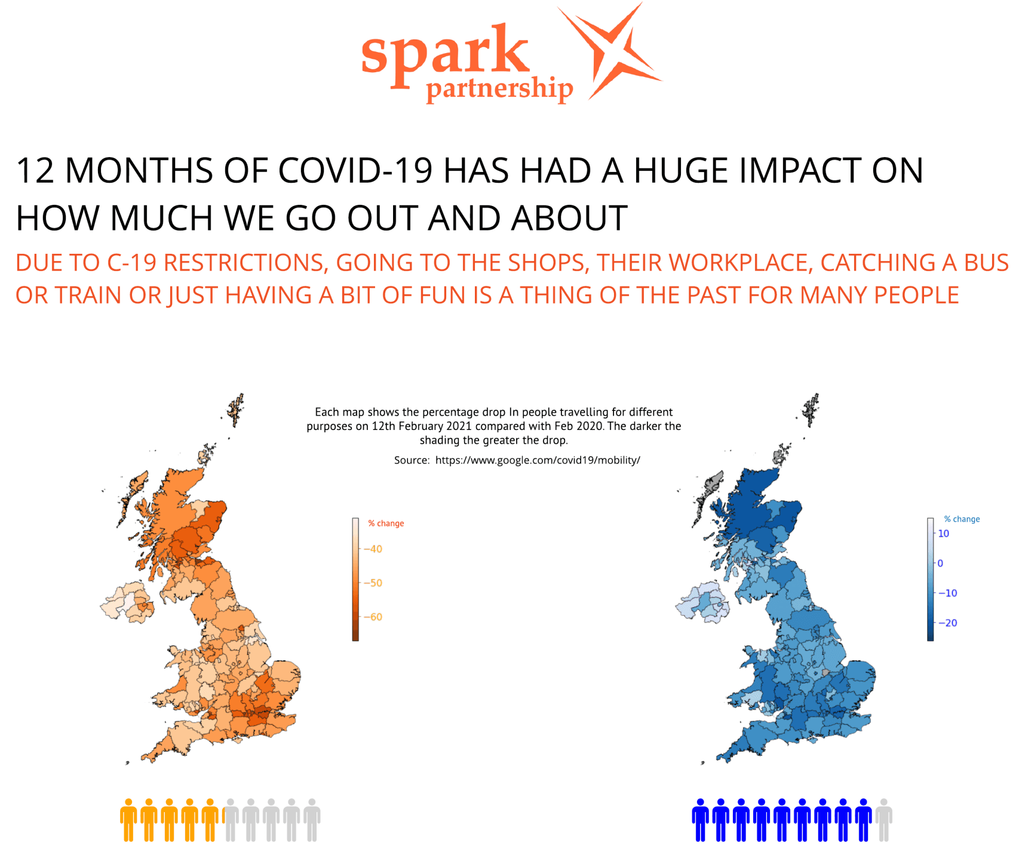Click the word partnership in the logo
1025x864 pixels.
click(x=499, y=89)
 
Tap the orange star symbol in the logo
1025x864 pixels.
click(x=610, y=50)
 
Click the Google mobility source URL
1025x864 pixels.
click(x=538, y=460)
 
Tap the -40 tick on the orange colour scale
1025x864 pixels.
click(x=373, y=549)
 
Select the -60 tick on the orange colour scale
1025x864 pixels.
click(x=373, y=617)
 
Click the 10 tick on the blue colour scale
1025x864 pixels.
click(x=944, y=534)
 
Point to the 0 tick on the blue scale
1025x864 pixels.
click(x=940, y=563)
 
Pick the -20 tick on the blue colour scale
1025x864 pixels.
click(x=947, y=623)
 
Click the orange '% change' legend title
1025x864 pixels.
click(x=386, y=524)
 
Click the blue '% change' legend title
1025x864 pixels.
click(x=962, y=519)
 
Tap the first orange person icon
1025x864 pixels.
click(x=128, y=820)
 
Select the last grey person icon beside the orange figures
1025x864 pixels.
click(x=312, y=820)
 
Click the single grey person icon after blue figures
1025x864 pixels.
click(x=883, y=820)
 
